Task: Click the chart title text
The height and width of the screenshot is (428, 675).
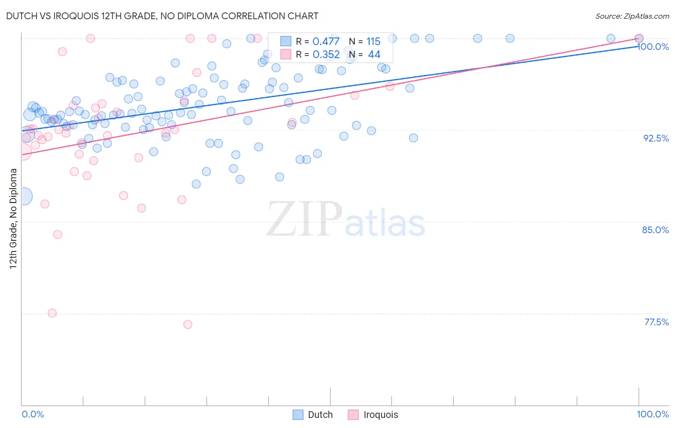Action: (x=162, y=16)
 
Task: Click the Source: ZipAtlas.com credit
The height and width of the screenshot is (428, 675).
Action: (x=632, y=16)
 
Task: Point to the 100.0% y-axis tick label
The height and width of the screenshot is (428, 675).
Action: (x=653, y=47)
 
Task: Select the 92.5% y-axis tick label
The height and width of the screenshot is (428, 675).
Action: (x=656, y=138)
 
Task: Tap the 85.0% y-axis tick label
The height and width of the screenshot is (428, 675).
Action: (x=655, y=230)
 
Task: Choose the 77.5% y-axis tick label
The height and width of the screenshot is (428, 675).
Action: (x=656, y=322)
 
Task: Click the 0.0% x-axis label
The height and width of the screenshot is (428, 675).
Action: (x=33, y=414)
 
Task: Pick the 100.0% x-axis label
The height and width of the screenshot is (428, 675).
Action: (x=652, y=414)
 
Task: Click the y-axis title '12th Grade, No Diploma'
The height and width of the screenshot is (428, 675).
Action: (x=13, y=218)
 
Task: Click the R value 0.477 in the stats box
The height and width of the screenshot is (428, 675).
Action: (x=326, y=42)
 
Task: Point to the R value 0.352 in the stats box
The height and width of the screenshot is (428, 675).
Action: (x=326, y=55)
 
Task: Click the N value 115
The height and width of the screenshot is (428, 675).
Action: (x=373, y=42)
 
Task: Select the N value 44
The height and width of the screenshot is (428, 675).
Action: (x=374, y=55)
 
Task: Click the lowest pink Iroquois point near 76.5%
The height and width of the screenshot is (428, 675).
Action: (x=188, y=324)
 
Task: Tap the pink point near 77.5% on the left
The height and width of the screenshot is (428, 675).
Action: (x=52, y=313)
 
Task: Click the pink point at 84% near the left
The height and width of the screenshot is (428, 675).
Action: (x=58, y=235)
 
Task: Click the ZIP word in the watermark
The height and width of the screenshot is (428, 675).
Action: (x=304, y=219)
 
